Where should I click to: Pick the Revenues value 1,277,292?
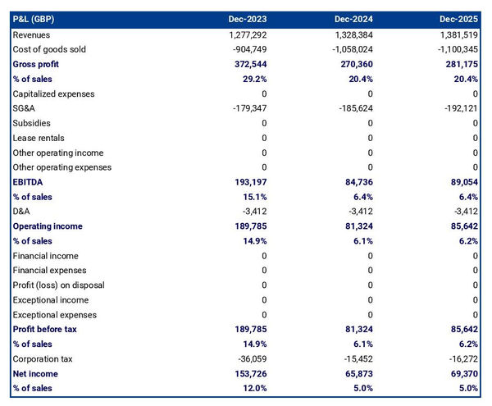243,34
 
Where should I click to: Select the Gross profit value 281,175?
458,64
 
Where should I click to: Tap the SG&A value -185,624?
351,108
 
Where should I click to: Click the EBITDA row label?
29,182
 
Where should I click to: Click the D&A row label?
22,212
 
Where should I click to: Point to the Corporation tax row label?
43,359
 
